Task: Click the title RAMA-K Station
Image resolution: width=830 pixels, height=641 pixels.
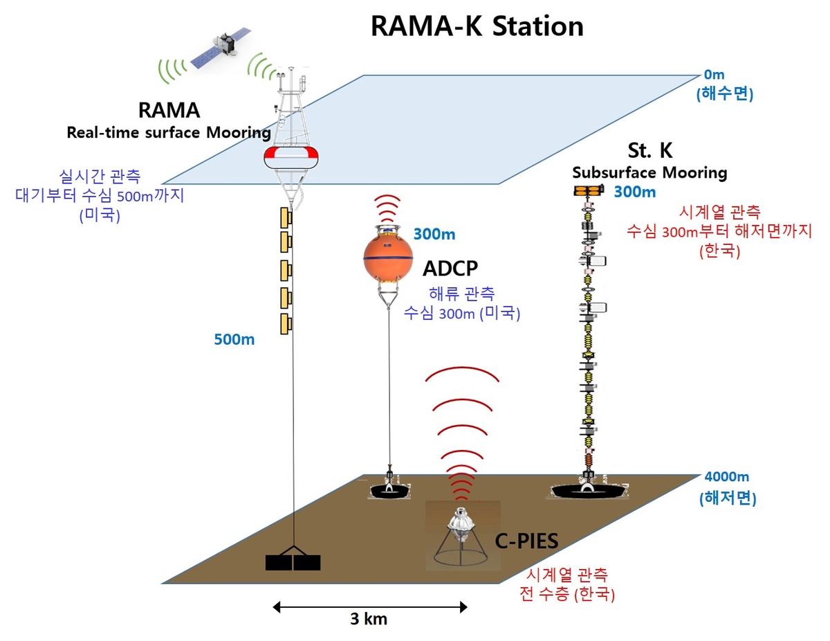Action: (x=477, y=26)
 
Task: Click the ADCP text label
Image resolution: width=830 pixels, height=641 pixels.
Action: (x=451, y=268)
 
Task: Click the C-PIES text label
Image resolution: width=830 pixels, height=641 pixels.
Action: (x=526, y=541)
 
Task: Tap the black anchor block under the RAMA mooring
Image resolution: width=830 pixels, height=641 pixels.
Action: (x=293, y=562)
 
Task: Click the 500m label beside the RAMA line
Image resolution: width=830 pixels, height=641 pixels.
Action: (x=234, y=340)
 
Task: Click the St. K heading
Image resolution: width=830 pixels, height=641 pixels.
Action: (x=649, y=151)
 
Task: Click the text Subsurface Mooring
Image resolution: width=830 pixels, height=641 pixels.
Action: (x=649, y=172)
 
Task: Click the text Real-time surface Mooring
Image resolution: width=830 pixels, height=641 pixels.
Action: (x=168, y=133)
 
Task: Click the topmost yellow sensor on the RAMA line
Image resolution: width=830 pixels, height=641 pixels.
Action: (x=285, y=217)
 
